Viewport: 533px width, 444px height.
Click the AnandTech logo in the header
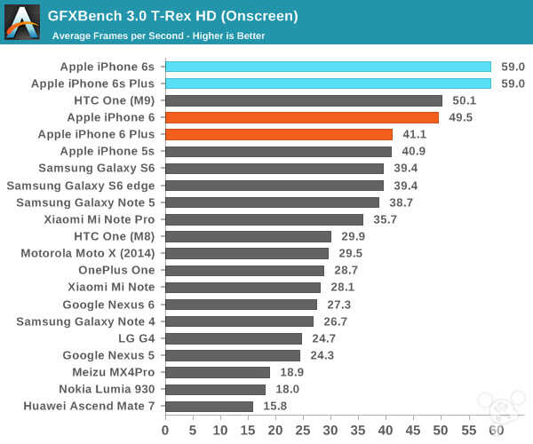[x=22, y=22]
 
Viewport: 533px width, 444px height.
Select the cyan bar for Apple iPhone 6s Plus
[x=328, y=83]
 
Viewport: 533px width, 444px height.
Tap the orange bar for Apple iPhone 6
[x=302, y=117]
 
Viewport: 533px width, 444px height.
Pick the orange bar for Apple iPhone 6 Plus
[x=279, y=134]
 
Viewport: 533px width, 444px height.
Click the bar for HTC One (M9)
[x=304, y=100]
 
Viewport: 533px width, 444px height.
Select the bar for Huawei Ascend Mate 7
[x=209, y=406]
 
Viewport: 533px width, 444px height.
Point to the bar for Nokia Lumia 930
[x=215, y=389]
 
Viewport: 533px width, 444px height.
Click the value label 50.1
[x=465, y=100]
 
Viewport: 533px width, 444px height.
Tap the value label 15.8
[x=275, y=406]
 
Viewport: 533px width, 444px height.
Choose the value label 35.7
[x=386, y=219]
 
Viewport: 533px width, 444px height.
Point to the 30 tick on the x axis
[x=330, y=431]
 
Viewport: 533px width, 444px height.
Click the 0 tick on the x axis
[x=165, y=431]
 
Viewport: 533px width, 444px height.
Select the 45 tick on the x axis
[x=413, y=431]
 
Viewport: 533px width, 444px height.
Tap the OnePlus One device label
[x=115, y=270]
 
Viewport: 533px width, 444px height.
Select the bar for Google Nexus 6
[x=241, y=304]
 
